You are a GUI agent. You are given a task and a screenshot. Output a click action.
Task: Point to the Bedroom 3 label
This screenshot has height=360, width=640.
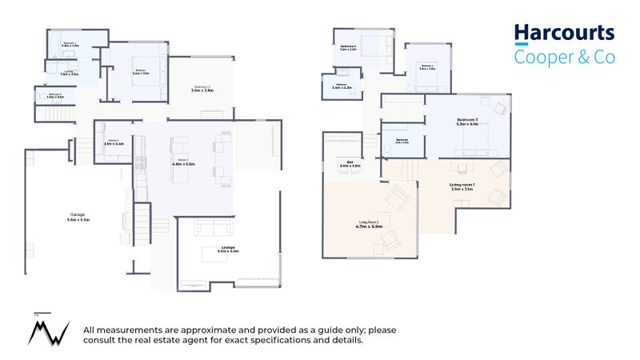(466, 119)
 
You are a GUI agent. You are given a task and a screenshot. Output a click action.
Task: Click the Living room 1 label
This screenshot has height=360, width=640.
(462, 186)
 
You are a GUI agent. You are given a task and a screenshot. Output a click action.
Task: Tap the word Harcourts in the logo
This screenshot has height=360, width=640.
(564, 33)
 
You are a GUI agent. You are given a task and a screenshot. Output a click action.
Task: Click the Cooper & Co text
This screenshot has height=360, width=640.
(564, 57)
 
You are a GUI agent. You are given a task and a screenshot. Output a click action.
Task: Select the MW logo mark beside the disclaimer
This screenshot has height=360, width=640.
(46, 330)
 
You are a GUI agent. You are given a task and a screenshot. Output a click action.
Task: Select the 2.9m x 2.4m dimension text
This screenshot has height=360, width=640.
(111, 145)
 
